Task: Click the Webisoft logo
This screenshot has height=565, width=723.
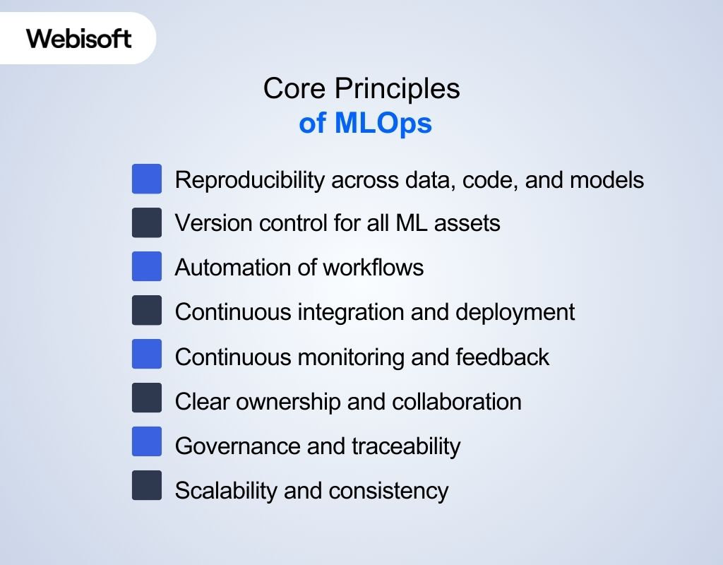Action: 78,38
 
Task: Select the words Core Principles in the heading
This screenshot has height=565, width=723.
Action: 361,88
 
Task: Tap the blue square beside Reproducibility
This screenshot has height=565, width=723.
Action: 147,179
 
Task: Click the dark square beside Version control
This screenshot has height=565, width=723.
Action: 147,222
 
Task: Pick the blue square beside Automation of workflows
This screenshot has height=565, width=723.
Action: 147,267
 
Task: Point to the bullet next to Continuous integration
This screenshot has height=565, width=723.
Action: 147,311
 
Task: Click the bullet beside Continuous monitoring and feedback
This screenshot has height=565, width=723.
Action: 147,355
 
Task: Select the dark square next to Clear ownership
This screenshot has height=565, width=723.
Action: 147,398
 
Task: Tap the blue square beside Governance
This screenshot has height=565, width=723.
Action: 147,442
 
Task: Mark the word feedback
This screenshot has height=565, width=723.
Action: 502,357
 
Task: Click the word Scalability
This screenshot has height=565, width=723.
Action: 226,489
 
